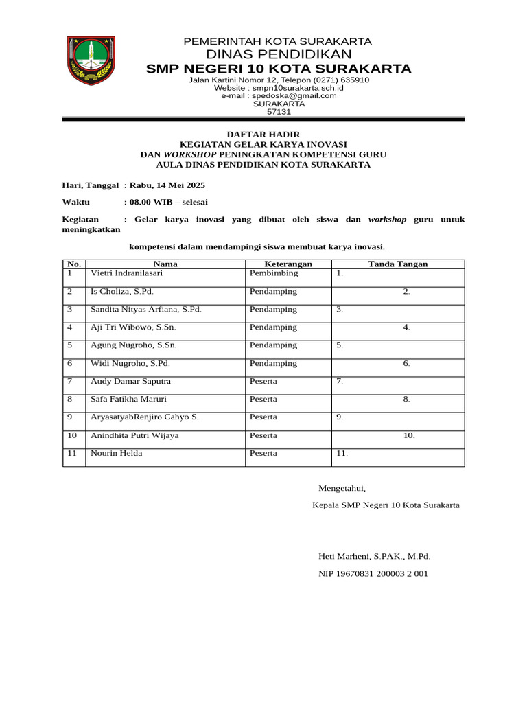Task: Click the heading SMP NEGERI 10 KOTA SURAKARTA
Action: point(279,69)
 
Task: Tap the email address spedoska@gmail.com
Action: point(279,96)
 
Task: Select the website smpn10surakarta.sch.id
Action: point(279,88)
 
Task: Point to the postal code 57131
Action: point(279,112)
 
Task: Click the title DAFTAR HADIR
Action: point(263,134)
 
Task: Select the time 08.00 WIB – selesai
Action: point(169,202)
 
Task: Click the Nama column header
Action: point(165,264)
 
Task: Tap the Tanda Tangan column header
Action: point(398,264)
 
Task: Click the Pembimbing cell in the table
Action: point(274,273)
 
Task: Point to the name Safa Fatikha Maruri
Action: point(128,399)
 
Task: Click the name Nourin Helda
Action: point(117,453)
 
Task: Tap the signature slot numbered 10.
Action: point(409,435)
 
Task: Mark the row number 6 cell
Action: point(69,363)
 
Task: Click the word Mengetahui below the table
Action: point(342,489)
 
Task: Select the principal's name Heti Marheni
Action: point(374,557)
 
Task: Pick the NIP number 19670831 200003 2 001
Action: point(373,573)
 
